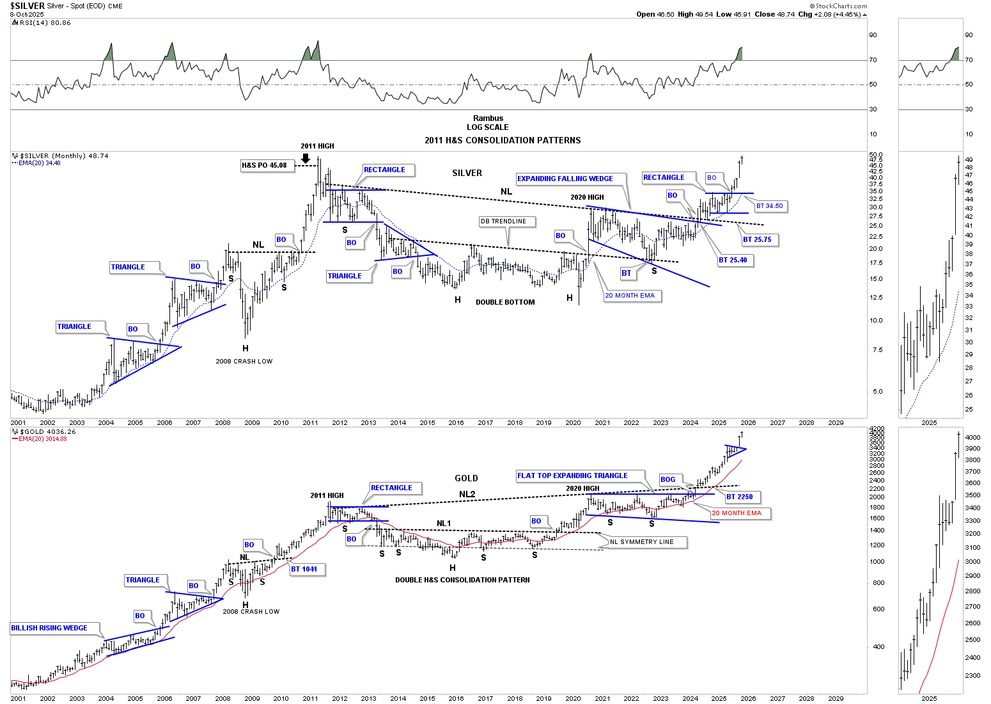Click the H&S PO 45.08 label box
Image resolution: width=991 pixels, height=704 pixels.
(264, 165)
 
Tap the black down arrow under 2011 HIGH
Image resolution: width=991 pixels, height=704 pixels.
(306, 158)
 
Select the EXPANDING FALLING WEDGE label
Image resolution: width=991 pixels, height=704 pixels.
(565, 179)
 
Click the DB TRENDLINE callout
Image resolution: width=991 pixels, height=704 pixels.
(504, 221)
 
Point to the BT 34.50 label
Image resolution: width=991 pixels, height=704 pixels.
(770, 206)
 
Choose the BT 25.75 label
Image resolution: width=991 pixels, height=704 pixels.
(758, 240)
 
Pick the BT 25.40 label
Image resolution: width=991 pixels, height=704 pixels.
(733, 260)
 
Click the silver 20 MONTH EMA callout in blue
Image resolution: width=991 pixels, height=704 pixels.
(630, 296)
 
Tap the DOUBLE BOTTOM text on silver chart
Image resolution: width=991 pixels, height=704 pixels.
(505, 302)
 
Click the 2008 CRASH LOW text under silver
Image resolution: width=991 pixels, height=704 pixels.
(244, 362)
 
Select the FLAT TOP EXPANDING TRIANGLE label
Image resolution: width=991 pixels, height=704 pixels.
(573, 476)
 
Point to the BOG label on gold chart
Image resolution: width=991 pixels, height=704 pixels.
(668, 479)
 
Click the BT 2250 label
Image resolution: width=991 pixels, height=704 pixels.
(740, 497)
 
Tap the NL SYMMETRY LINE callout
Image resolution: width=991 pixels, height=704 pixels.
(642, 542)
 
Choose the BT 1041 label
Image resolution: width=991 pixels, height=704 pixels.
(304, 569)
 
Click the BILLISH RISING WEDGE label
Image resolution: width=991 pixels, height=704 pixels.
(49, 628)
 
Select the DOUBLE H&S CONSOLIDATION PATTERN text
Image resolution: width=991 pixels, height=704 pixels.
(462, 580)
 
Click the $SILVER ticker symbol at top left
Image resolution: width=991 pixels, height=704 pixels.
(27, 6)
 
